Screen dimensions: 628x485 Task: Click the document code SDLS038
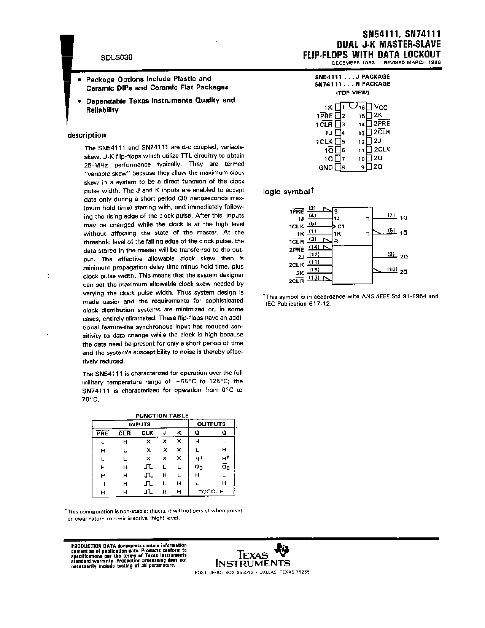pyautogui.click(x=116, y=58)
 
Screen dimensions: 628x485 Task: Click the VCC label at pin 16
pyautogui.click(x=380, y=107)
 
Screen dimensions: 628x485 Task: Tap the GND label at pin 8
pyautogui.click(x=326, y=167)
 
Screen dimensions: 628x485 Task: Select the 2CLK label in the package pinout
pyautogui.click(x=382, y=150)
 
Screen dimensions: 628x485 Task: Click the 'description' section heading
pyautogui.click(x=86, y=135)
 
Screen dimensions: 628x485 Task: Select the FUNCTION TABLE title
pyautogui.click(x=162, y=416)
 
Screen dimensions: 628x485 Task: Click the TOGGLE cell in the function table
pyautogui.click(x=211, y=492)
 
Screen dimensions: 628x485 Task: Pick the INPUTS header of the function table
pyautogui.click(x=140, y=424)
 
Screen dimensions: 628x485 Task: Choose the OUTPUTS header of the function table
pyautogui.click(x=211, y=424)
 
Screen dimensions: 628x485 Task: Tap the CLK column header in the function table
pyautogui.click(x=147, y=433)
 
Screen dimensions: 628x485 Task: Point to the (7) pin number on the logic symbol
pyautogui.click(x=392, y=215)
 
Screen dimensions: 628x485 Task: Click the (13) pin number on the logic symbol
pyautogui.click(x=314, y=277)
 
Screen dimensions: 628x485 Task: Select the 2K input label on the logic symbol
pyautogui.click(x=300, y=273)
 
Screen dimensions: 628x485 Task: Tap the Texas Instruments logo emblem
pyautogui.click(x=283, y=549)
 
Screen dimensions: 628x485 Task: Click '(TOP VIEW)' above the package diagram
pyautogui.click(x=352, y=92)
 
